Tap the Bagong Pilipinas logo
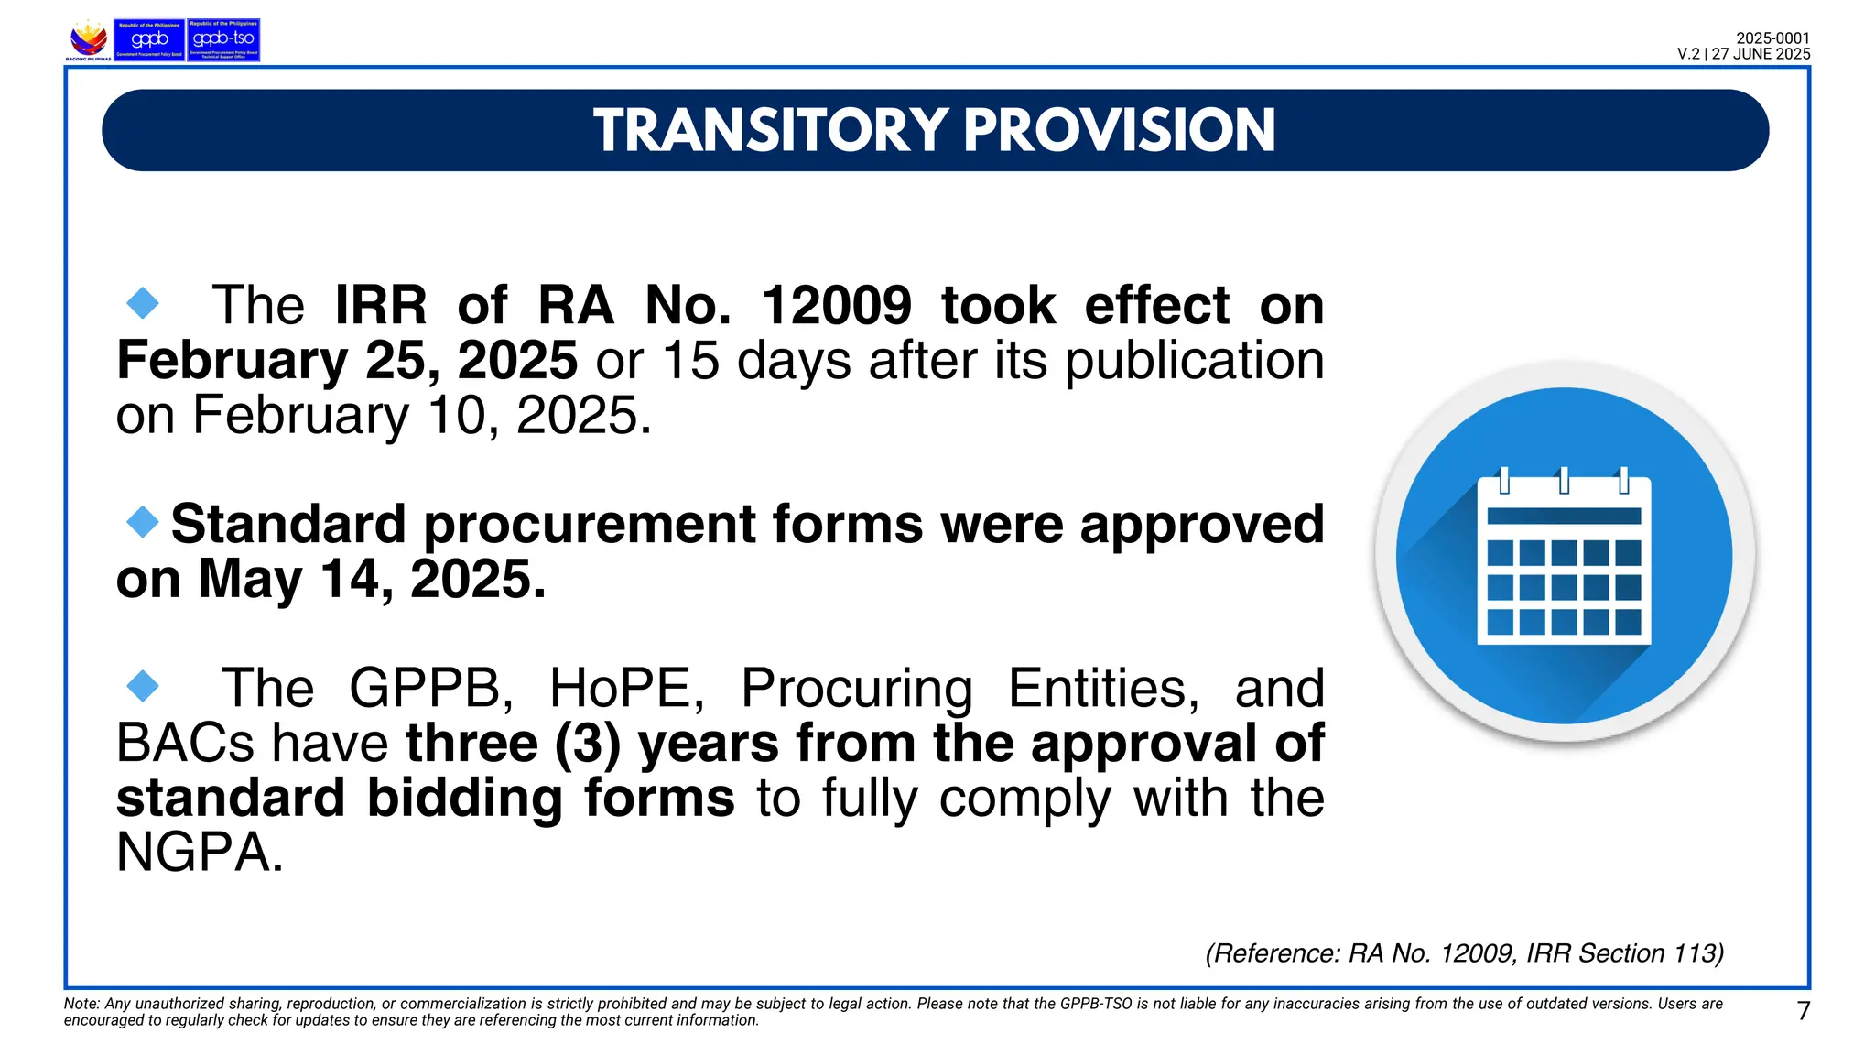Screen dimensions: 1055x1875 (x=89, y=40)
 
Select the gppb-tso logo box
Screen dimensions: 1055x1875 (x=223, y=39)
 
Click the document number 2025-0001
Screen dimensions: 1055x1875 (x=1772, y=38)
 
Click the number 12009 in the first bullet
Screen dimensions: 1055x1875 (x=836, y=305)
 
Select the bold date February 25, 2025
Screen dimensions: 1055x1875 (x=346, y=360)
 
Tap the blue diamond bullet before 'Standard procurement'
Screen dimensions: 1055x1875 (x=143, y=522)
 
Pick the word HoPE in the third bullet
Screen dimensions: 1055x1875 (x=626, y=688)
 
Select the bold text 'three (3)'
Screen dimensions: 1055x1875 (x=513, y=743)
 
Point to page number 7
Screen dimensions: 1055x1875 (x=1803, y=1011)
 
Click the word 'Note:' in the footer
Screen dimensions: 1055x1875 (x=81, y=1004)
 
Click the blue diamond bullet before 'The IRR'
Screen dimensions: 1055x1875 (x=143, y=303)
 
